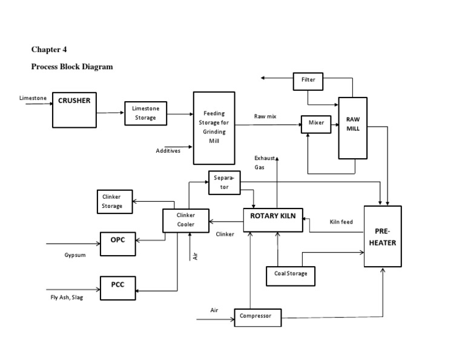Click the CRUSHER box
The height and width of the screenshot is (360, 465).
74,110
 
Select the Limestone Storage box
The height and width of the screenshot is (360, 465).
145,113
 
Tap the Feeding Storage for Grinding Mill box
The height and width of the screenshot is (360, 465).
214,128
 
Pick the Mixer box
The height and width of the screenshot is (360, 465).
316,123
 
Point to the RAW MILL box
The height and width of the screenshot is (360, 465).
352,128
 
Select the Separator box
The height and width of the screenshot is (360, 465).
224,183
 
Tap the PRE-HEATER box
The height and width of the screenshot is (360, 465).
382,236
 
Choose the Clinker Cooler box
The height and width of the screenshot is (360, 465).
185,220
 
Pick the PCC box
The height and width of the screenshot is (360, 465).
117,284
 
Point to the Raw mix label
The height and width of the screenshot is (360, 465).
265,116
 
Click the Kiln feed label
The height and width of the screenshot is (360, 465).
341,222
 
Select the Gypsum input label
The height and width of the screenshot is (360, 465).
75,255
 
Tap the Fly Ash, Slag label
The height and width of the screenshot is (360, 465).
67,298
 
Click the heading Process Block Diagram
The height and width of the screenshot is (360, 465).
72,67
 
